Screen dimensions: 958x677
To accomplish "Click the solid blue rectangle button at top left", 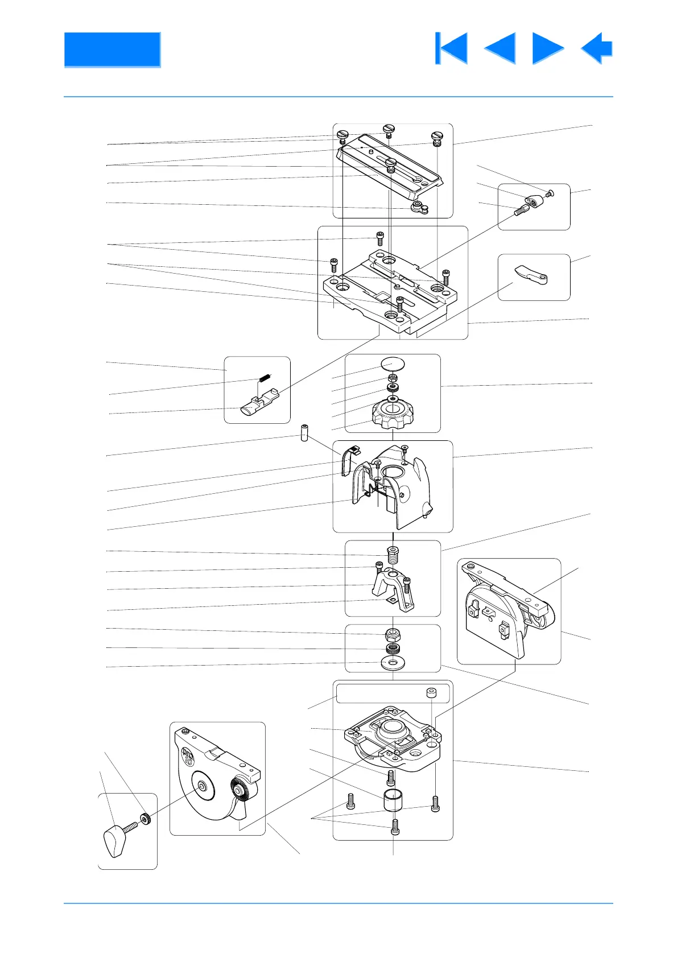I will (x=112, y=49).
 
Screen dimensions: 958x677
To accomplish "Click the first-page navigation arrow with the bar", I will (x=452, y=48).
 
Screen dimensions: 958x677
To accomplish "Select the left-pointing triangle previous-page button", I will (x=501, y=48).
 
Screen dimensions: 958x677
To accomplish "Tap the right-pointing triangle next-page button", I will (x=547, y=48).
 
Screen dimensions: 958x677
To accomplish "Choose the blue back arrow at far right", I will (x=597, y=48).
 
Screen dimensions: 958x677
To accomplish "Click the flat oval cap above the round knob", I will (x=393, y=362).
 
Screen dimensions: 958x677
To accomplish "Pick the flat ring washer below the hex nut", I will (x=393, y=663).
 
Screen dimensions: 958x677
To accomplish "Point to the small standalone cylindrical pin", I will (x=305, y=433).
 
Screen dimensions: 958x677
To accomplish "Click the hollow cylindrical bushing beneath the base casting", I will (x=393, y=800).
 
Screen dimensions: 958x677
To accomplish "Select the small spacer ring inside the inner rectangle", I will (x=431, y=693).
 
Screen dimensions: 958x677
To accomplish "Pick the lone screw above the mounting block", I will (x=380, y=238).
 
